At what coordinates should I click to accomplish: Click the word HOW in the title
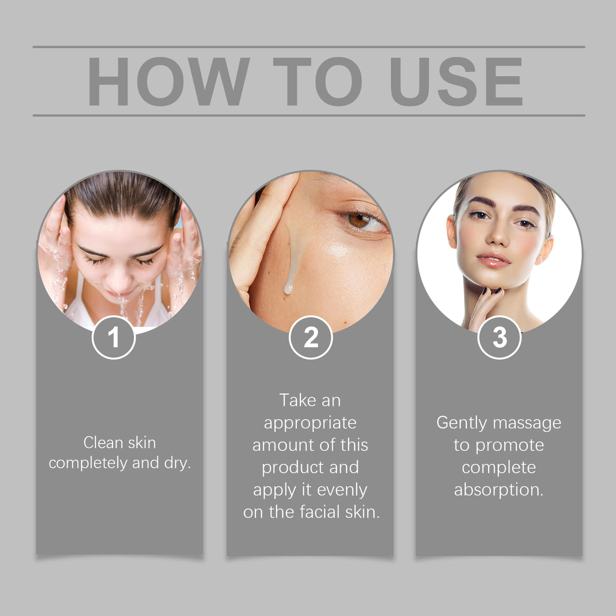click(x=168, y=82)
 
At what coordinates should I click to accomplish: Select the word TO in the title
click(x=317, y=82)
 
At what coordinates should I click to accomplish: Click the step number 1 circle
click(x=114, y=337)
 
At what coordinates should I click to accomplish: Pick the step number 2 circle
click(x=311, y=337)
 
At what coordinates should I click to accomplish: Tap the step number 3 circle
click(x=499, y=337)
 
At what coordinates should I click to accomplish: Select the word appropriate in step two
click(x=310, y=423)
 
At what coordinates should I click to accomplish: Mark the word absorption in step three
click(x=498, y=490)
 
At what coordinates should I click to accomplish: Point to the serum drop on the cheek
click(x=288, y=289)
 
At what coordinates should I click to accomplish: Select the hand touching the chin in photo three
click(x=485, y=304)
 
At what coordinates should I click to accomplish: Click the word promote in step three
click(x=509, y=446)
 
